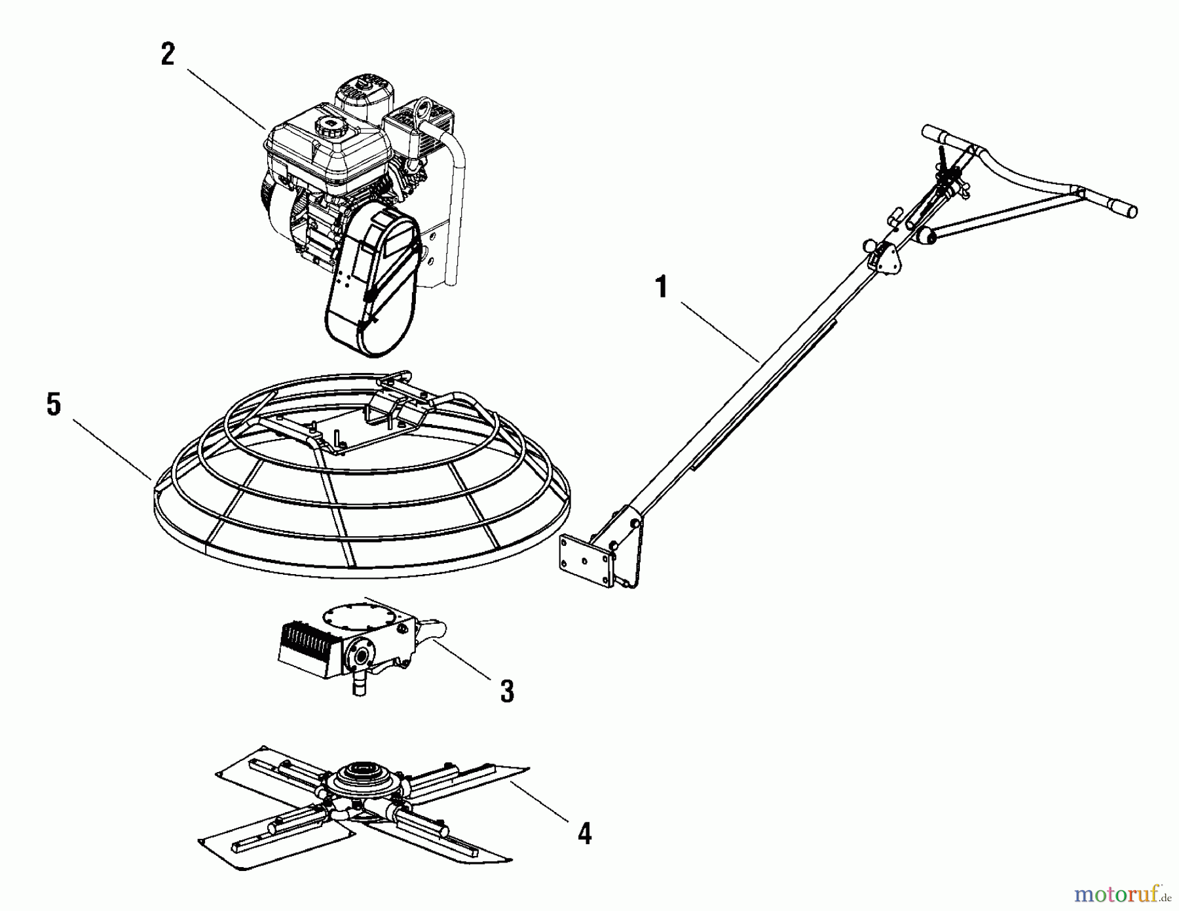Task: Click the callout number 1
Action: tap(662, 287)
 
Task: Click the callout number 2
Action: tap(168, 54)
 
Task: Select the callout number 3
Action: tap(507, 691)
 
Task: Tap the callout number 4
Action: tap(584, 834)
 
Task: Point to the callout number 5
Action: tap(54, 404)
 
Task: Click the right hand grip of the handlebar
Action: tap(1120, 210)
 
